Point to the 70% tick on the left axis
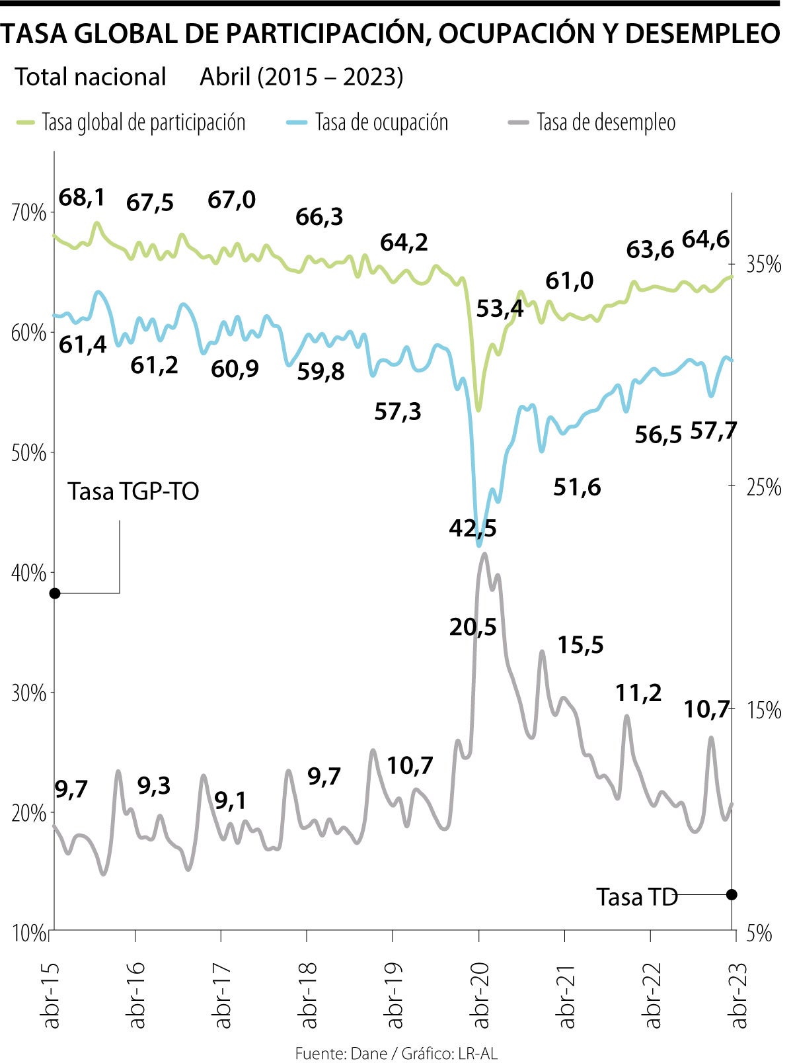coord(30,213)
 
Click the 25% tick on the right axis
coord(763,488)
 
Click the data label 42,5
coord(472,528)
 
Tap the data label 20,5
coord(472,626)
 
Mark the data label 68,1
coord(82,196)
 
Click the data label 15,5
coord(580,644)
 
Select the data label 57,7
coord(714,431)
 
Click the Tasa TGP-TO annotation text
coord(133,491)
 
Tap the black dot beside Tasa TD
coord(732,894)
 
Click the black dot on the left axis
coord(55,593)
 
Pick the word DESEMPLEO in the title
coord(702,34)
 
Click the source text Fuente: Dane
coord(341,1053)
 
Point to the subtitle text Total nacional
coord(91,77)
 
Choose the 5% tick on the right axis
coord(759,933)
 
